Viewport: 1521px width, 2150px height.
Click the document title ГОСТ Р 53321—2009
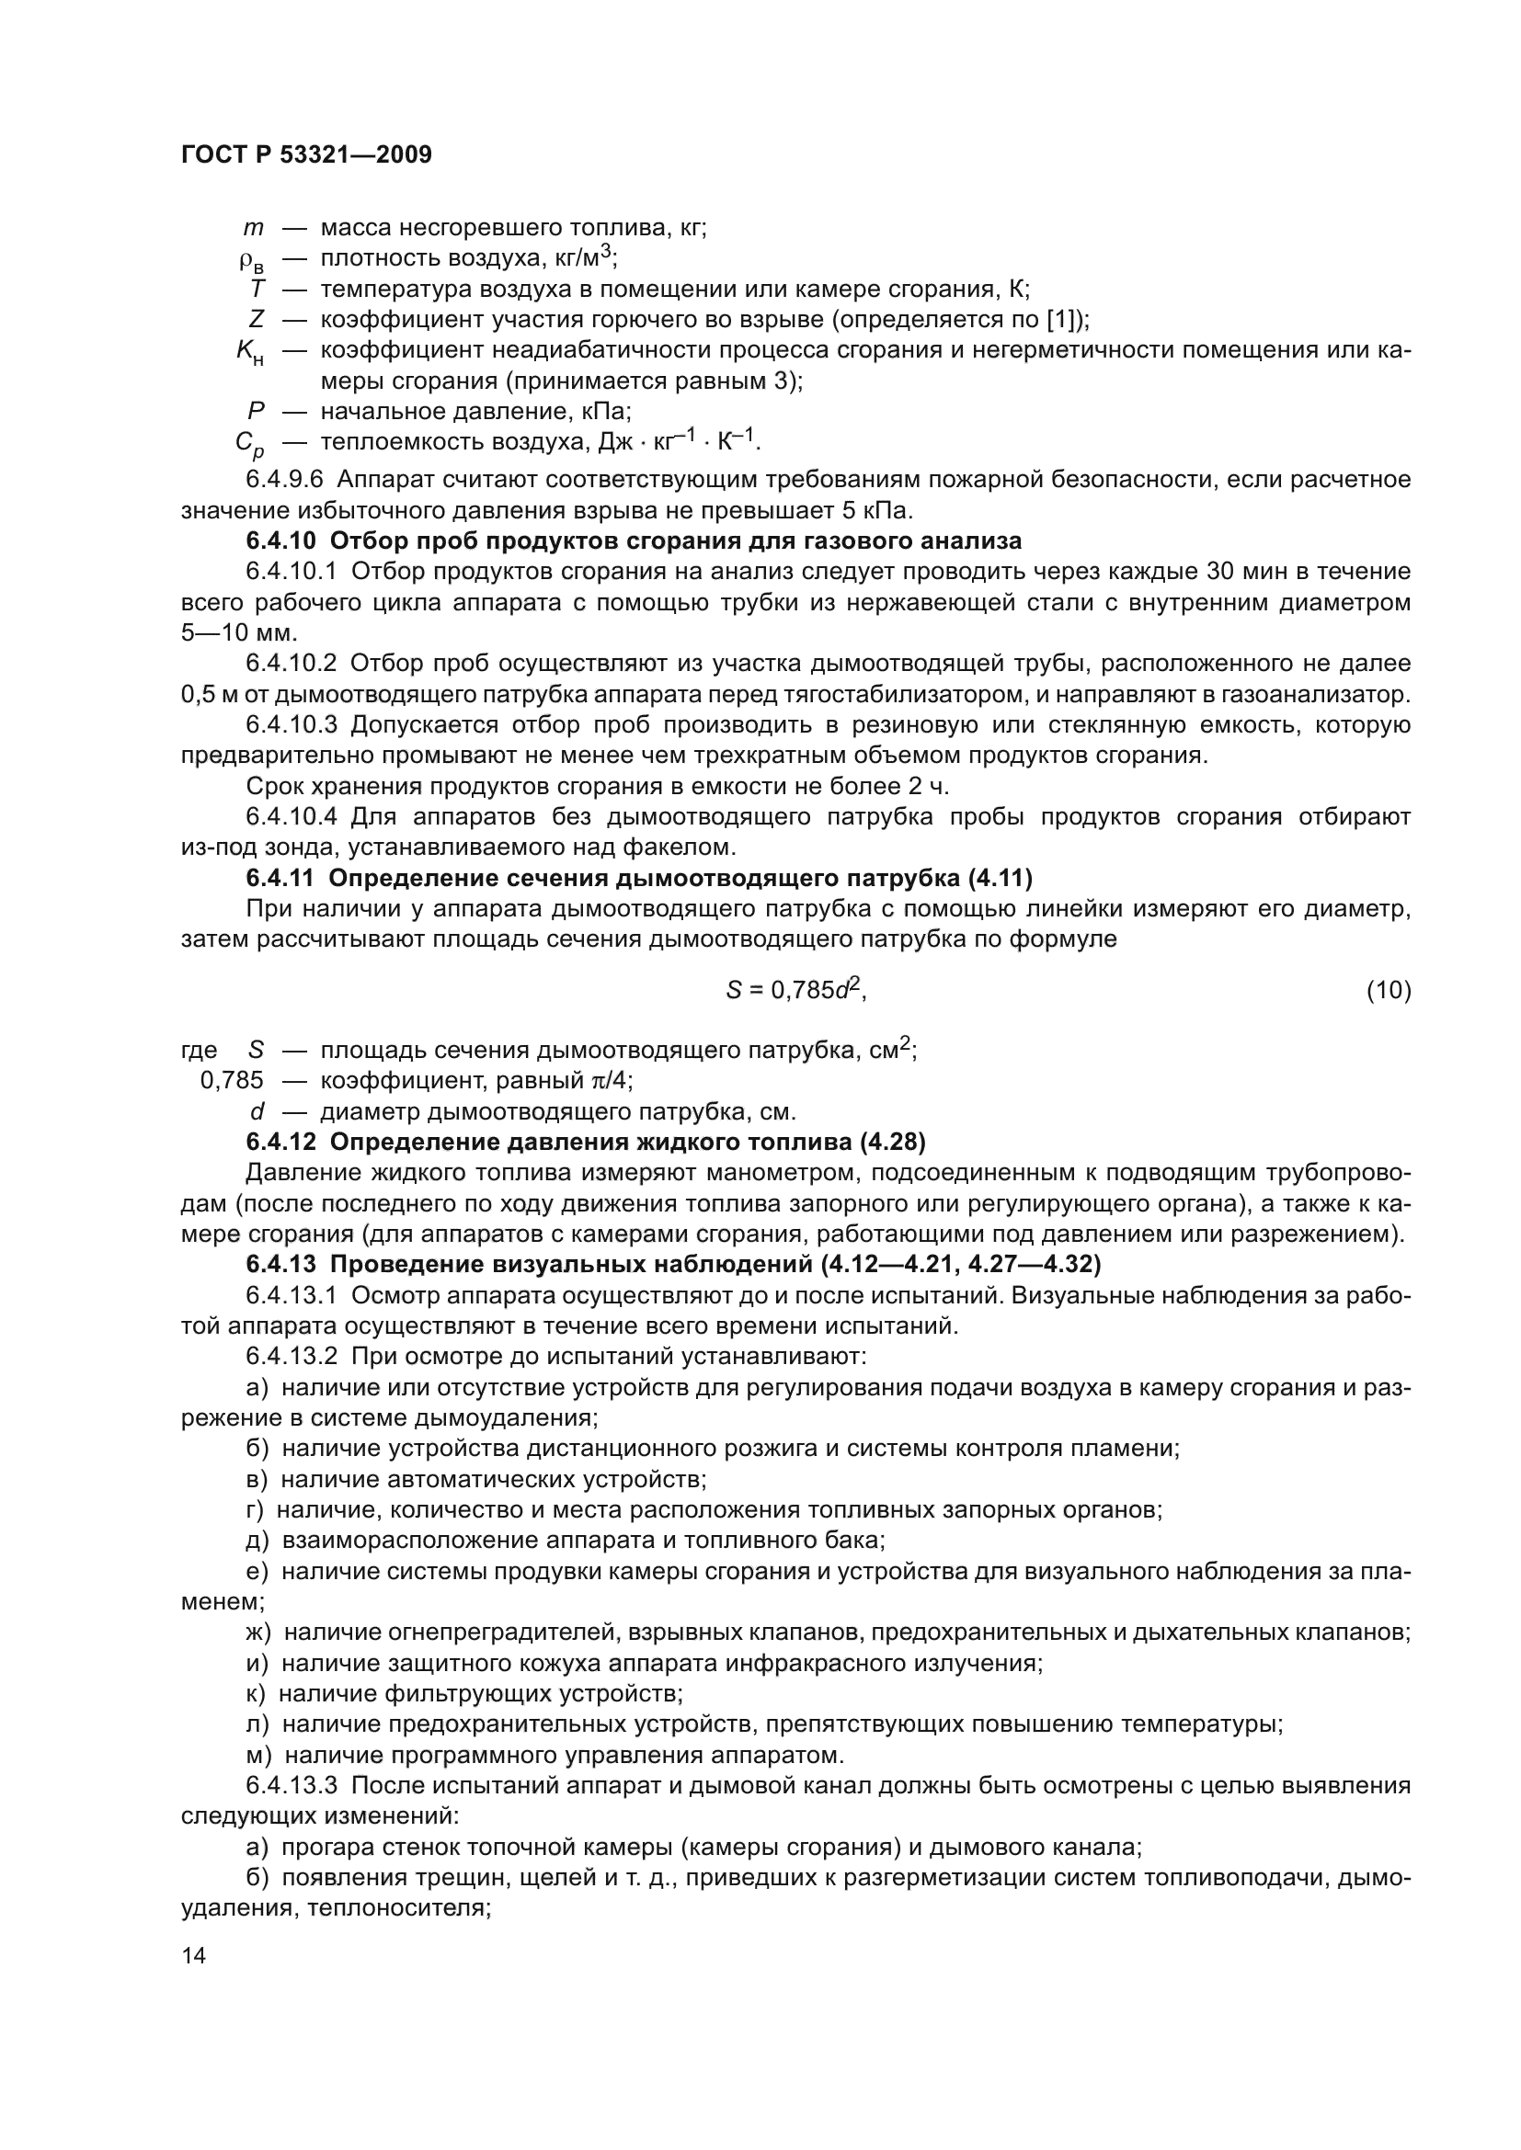tap(306, 155)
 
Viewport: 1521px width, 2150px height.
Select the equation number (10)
tap(1388, 990)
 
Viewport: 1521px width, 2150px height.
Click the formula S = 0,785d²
tap(795, 990)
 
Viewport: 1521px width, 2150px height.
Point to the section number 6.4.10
tap(283, 541)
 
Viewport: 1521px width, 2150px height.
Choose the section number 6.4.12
tap(282, 1143)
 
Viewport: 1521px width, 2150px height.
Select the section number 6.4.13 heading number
tap(282, 1265)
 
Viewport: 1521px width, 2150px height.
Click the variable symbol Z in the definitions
tap(257, 319)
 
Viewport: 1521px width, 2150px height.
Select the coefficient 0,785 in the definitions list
tap(233, 1081)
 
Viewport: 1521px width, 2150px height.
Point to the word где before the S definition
tap(199, 1051)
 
